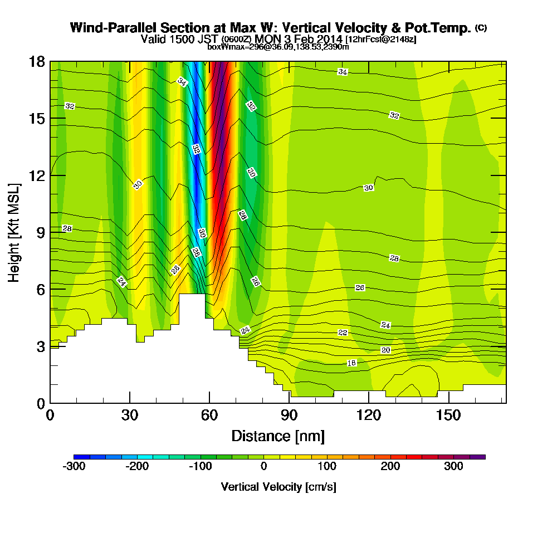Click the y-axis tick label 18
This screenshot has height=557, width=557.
37,61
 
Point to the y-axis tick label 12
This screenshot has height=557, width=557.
37,175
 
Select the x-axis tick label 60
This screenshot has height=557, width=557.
209,415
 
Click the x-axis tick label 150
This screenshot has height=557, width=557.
448,415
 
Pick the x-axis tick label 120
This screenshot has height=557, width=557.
368,415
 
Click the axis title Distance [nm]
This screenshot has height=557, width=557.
278,435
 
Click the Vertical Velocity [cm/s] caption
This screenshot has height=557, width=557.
278,487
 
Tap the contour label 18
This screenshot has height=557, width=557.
351,363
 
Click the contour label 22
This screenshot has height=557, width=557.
343,333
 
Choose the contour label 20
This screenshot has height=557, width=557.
385,350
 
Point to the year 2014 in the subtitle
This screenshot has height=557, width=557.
330,39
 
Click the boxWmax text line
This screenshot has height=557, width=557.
278,47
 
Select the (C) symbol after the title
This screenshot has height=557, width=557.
481,27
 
